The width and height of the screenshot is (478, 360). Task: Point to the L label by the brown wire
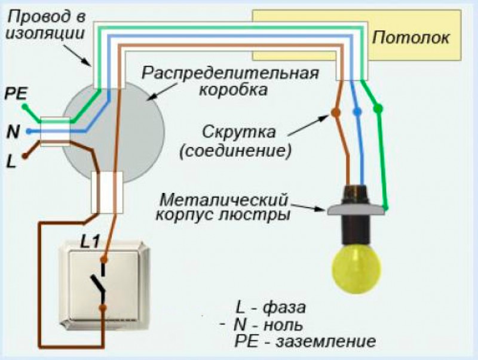11,161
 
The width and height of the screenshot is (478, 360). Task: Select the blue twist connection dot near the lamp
357,112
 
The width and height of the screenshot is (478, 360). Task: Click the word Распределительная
230,74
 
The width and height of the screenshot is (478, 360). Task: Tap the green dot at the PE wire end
25,107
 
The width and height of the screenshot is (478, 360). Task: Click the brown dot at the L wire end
25,158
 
